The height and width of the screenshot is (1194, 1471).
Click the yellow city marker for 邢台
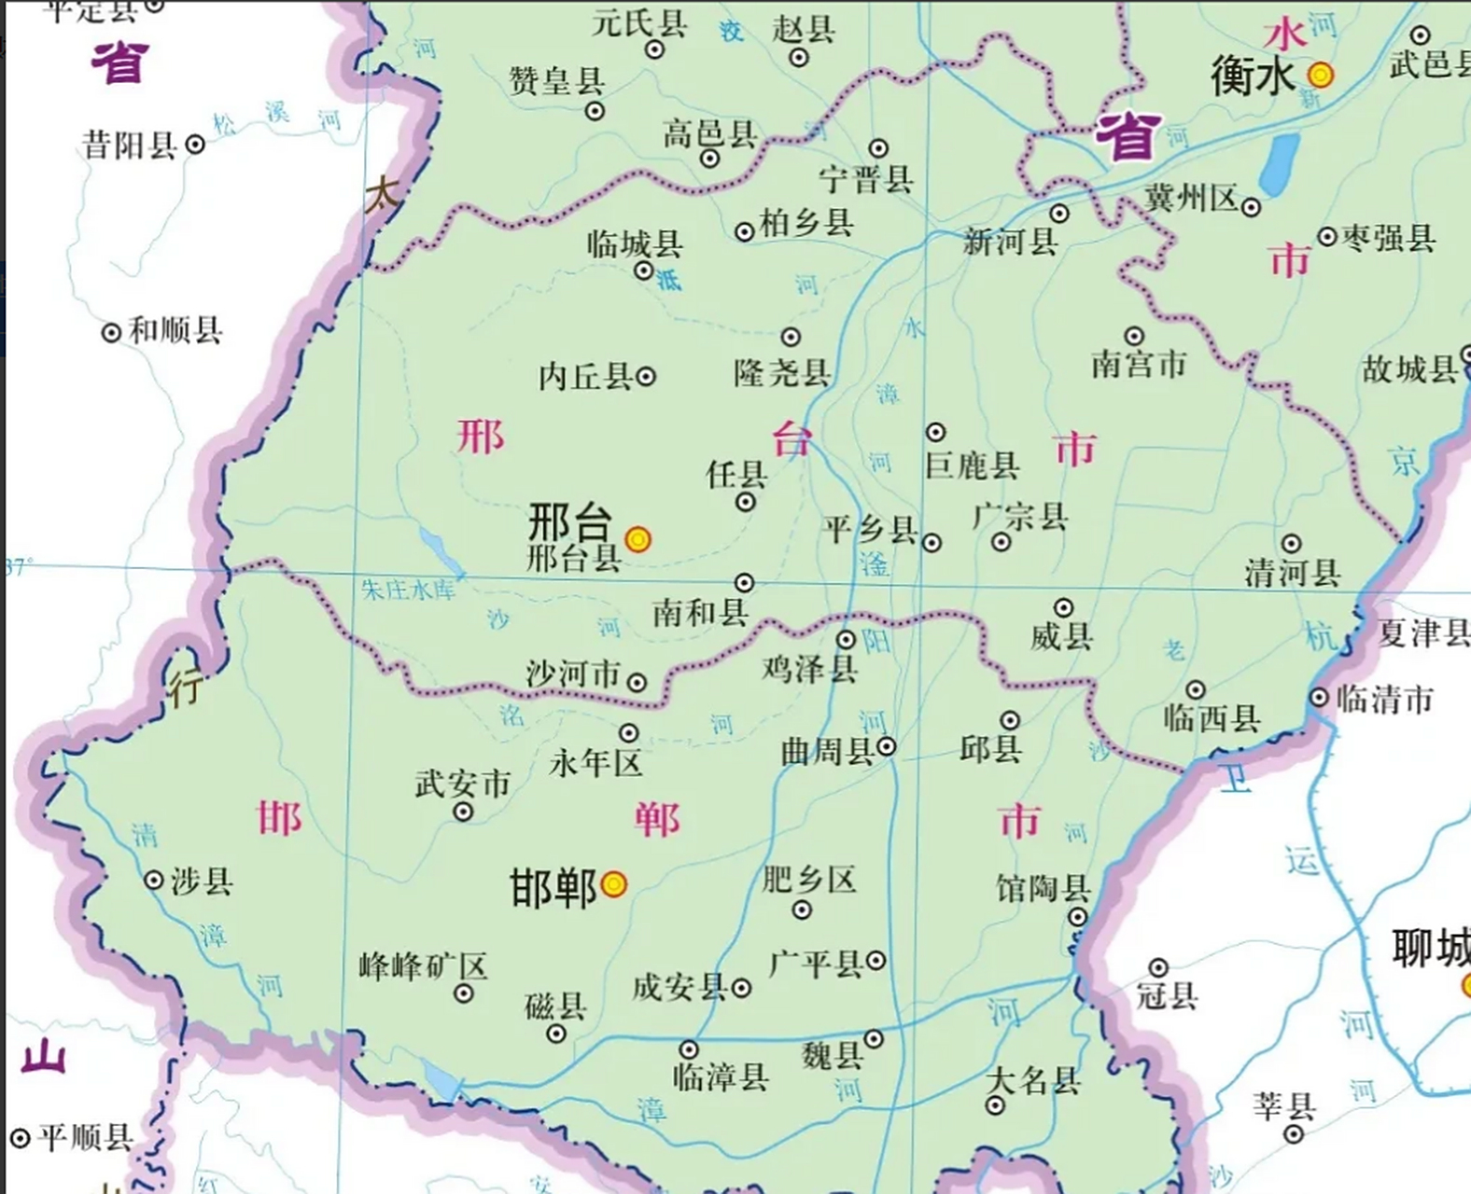(637, 538)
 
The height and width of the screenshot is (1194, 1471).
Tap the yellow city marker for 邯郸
(613, 883)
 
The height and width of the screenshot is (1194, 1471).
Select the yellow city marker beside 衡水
(1320, 74)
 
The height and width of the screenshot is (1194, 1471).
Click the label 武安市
(462, 783)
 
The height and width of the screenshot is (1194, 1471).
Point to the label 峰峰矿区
(423, 965)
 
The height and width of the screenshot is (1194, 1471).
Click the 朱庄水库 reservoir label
(408, 590)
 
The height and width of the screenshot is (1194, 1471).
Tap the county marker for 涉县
(154, 880)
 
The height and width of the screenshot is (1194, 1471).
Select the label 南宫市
(1138, 364)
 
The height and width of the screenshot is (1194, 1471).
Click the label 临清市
(1385, 699)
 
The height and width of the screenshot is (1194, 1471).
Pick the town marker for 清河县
(1291, 543)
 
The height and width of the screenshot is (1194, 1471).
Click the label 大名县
(1032, 1080)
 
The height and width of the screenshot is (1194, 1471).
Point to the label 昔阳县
(130, 145)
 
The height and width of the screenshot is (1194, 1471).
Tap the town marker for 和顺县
(111, 331)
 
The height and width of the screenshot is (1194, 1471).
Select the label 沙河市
(572, 673)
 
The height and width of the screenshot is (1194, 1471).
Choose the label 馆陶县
(1043, 888)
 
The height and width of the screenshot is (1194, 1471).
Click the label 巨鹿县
(972, 465)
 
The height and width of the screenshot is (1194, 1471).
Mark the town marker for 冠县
(1158, 967)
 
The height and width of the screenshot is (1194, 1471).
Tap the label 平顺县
(85, 1138)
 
